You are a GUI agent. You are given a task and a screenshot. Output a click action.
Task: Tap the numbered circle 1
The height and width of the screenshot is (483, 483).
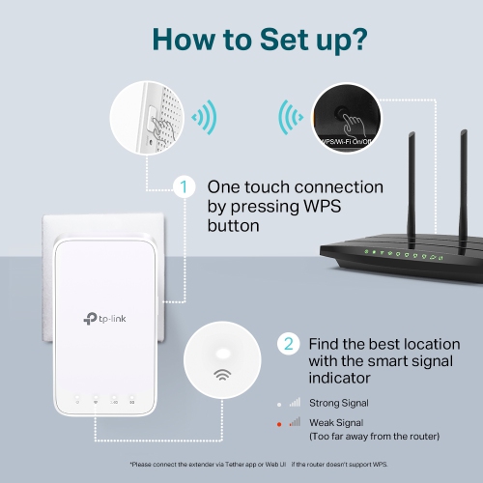pyautogui.click(x=179, y=186)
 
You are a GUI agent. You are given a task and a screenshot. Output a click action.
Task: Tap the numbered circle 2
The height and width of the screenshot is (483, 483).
pyautogui.click(x=287, y=344)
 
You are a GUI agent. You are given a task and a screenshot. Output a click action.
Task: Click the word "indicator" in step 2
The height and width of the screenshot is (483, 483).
pyautogui.click(x=342, y=378)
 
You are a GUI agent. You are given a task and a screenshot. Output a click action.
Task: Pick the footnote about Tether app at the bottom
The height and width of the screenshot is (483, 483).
pyautogui.click(x=241, y=466)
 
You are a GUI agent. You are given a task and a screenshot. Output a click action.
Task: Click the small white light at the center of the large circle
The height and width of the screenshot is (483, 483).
pyautogui.click(x=222, y=354)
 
